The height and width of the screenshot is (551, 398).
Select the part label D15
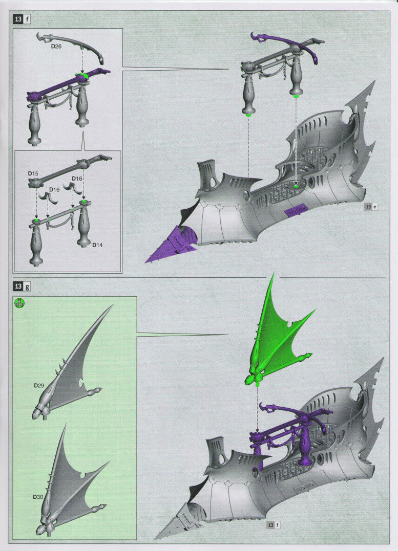pos(33,173)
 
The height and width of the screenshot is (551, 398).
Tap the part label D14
pos(98,245)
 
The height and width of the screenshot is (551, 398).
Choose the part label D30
pos(38,496)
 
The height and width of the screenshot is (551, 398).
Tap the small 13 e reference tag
pos(370,207)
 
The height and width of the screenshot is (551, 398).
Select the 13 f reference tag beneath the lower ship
pos(273,524)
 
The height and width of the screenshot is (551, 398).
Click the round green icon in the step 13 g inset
pos(19,302)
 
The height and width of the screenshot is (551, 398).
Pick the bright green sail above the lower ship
pos(277,338)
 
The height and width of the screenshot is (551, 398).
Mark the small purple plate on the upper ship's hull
pos(296,210)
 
